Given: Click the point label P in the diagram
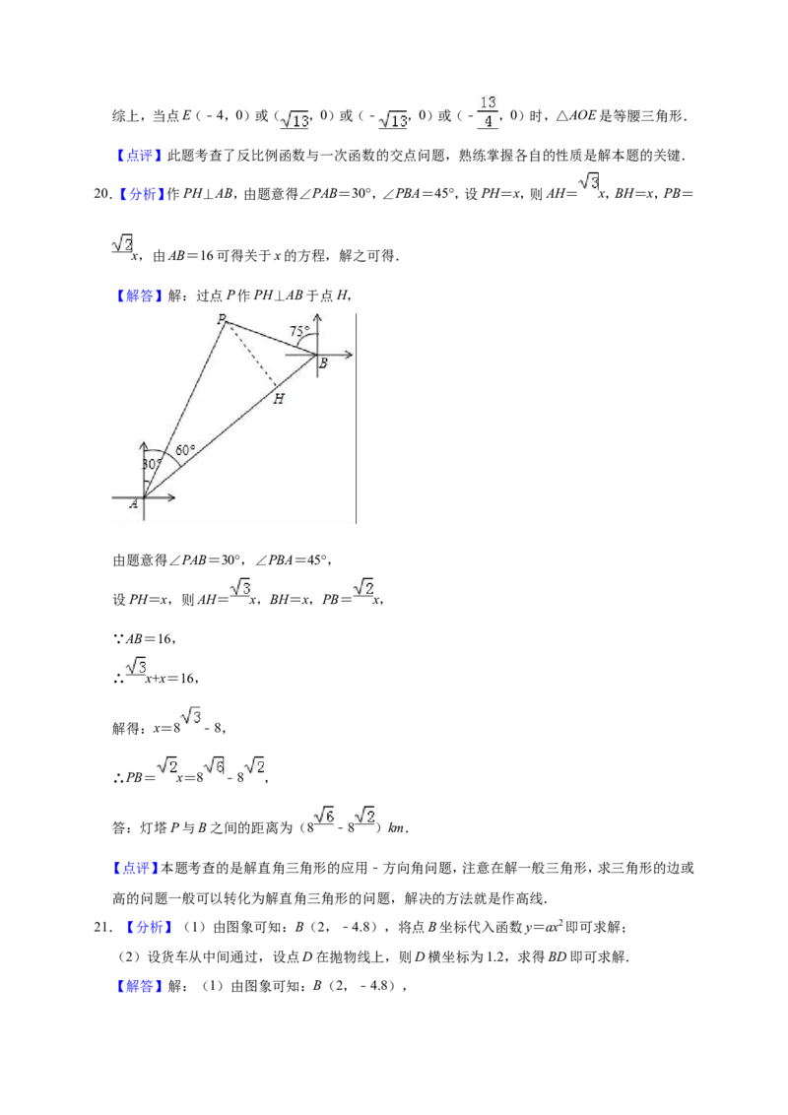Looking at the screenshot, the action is [x=222, y=318].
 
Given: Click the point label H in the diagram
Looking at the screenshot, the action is [x=278, y=399].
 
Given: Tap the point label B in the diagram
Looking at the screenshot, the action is [x=323, y=363].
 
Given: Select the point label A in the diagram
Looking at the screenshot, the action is [x=134, y=504].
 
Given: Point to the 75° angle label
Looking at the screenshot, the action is [x=299, y=331].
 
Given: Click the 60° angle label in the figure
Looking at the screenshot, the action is [x=185, y=450].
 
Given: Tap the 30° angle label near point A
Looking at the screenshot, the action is [x=152, y=464].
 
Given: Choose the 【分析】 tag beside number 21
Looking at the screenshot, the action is [x=150, y=927].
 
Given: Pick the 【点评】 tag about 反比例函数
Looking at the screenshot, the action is [x=138, y=156].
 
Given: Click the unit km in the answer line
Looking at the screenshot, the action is [x=396, y=827].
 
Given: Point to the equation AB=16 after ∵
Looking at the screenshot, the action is [x=150, y=638].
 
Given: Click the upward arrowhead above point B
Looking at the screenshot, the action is [x=317, y=318].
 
